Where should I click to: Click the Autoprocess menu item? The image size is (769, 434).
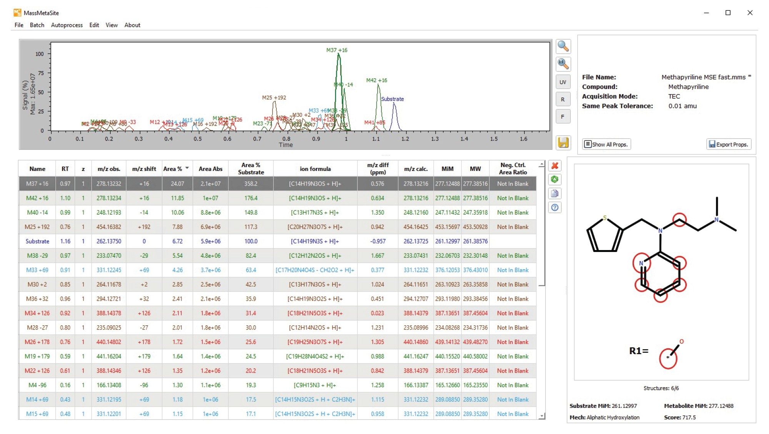point(67,25)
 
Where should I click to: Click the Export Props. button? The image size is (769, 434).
point(729,144)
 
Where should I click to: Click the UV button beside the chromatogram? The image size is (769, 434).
point(563,82)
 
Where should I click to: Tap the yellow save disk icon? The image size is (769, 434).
point(563,142)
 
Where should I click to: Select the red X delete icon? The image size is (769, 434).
point(554,166)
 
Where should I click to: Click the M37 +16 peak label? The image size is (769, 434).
point(336,50)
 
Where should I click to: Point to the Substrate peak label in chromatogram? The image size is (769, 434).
point(392,99)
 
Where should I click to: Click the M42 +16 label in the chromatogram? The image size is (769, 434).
point(376,80)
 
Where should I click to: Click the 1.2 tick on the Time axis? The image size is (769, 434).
point(405,139)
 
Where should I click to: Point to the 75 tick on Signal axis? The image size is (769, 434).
point(41,73)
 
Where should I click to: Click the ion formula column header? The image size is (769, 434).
point(315,169)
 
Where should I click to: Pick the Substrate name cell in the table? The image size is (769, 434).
point(37,241)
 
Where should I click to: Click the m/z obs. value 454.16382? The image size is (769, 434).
point(109,227)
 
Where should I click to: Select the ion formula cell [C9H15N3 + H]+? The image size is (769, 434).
point(315,385)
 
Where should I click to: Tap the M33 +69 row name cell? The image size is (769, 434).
point(37,270)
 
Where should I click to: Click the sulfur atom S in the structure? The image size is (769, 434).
point(604,218)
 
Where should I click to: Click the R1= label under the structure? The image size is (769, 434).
point(638,351)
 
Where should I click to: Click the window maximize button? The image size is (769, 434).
point(728,13)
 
